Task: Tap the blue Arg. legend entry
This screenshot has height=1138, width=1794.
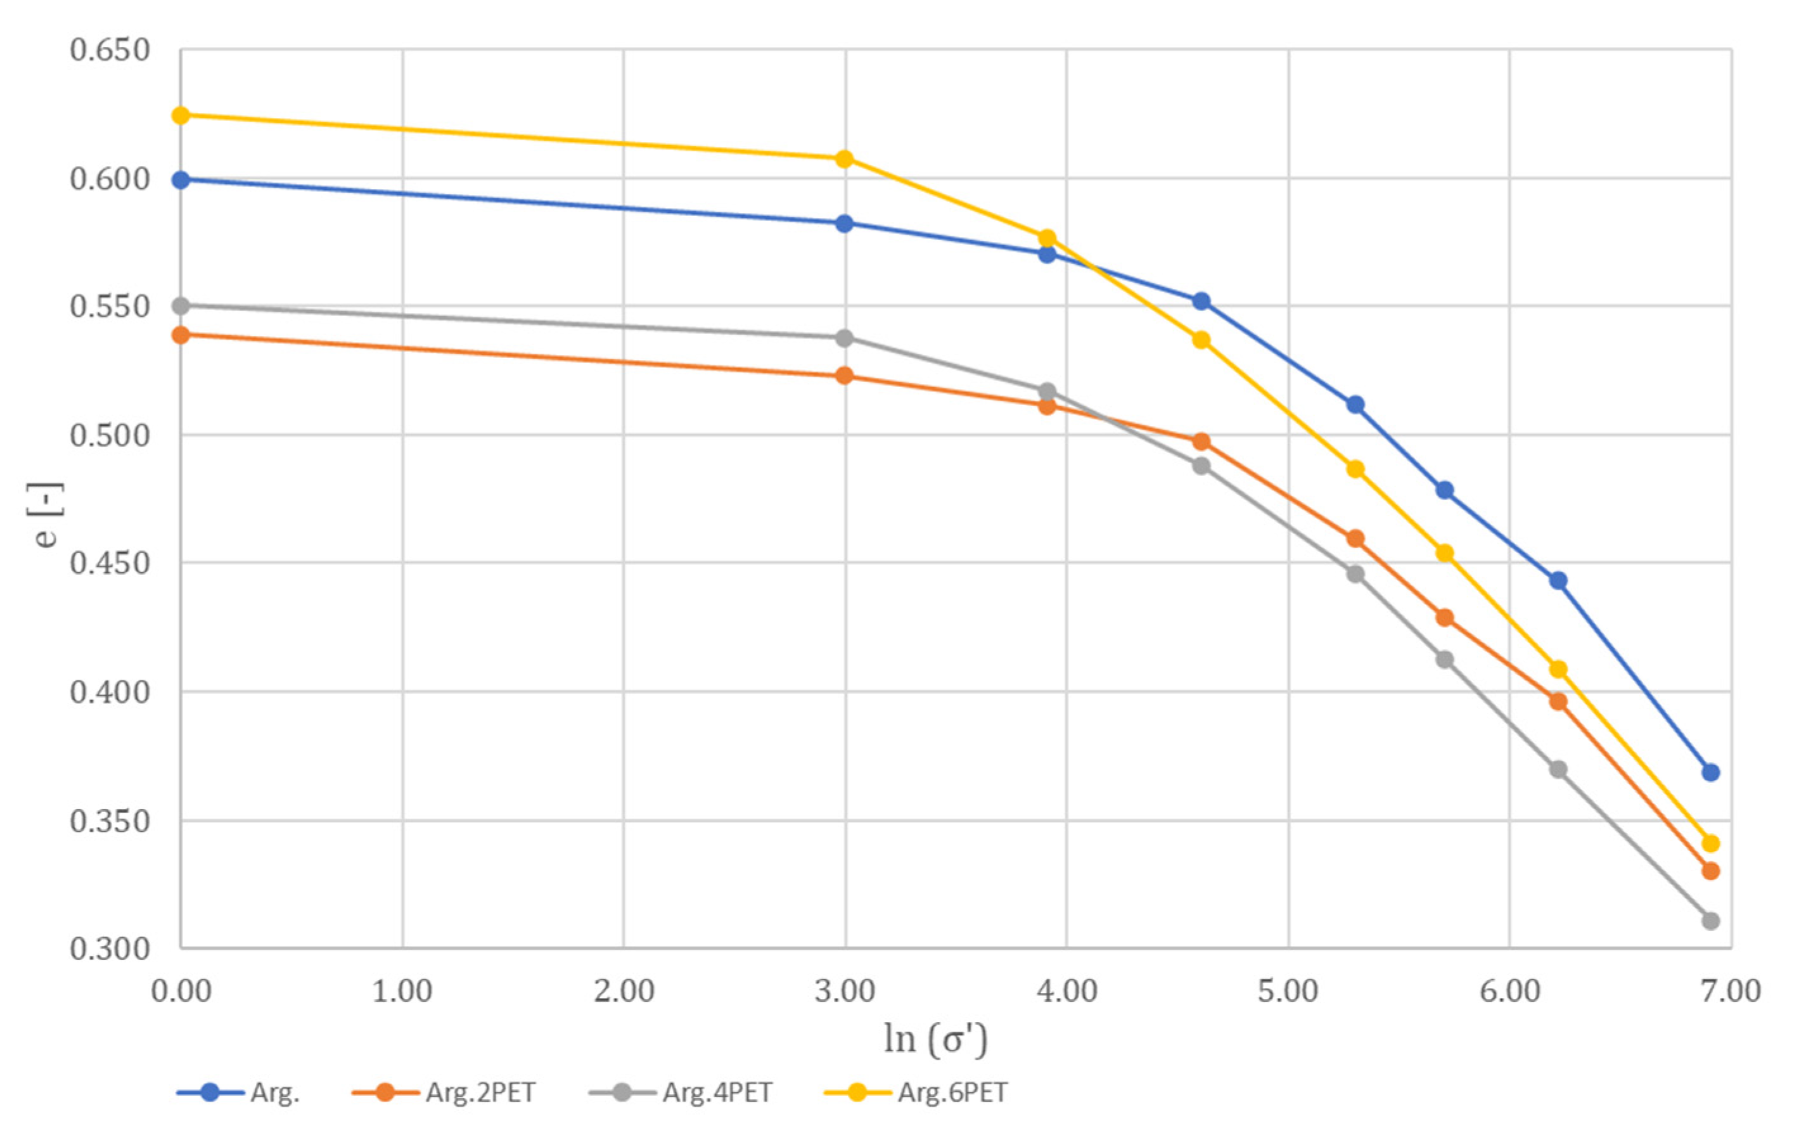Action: (238, 1092)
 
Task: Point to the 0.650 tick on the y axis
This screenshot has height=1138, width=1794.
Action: (110, 50)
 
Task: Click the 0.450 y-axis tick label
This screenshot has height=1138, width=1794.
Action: (110, 563)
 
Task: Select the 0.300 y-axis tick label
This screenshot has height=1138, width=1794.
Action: (110, 949)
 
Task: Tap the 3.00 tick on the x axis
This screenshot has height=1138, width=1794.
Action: (845, 991)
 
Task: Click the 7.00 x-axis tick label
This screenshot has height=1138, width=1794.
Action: (1731, 991)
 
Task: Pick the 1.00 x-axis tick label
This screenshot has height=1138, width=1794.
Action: (402, 991)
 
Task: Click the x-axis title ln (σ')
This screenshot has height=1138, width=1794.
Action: (936, 1039)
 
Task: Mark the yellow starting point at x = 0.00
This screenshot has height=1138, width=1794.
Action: (181, 115)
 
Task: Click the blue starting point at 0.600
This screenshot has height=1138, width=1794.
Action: (181, 179)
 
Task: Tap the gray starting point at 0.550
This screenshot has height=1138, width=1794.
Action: (181, 306)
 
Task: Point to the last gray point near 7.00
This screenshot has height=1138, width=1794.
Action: (1710, 921)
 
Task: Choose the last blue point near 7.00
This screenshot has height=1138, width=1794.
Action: (1710, 772)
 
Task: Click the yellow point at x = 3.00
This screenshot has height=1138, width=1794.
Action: (844, 158)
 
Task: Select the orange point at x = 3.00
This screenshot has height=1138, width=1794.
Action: (844, 375)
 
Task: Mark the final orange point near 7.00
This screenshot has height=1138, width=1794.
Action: (1710, 871)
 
